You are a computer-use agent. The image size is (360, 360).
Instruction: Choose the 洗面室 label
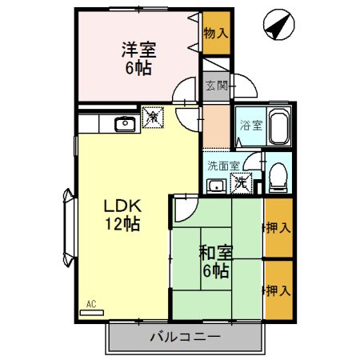point(223,166)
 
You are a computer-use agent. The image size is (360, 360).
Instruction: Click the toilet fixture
point(278,178)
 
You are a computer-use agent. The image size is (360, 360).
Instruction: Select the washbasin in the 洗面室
point(215,186)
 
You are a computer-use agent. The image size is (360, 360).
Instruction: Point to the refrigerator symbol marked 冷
point(152,118)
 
